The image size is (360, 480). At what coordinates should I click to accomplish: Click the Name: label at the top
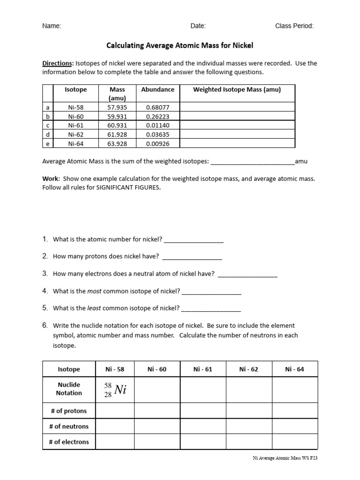[52, 26]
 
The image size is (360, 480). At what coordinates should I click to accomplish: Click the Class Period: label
[294, 26]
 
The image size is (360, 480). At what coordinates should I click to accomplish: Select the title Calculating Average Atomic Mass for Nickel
[180, 46]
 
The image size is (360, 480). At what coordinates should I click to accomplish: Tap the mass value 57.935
[117, 107]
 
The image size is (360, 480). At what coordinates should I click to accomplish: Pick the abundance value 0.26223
[157, 116]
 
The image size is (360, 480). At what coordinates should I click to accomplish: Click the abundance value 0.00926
[157, 143]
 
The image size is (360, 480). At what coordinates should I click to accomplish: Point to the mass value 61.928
[117, 135]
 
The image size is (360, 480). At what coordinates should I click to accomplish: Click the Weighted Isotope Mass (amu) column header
[237, 90]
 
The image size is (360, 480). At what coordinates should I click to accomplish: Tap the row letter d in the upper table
[48, 135]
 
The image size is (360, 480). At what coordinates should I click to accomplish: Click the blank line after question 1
[194, 240]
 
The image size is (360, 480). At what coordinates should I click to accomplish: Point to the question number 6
[45, 325]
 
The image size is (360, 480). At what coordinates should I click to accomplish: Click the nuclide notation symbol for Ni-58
[115, 389]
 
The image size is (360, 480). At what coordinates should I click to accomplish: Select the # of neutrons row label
[69, 427]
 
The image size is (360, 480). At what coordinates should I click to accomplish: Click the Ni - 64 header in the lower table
[294, 369]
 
